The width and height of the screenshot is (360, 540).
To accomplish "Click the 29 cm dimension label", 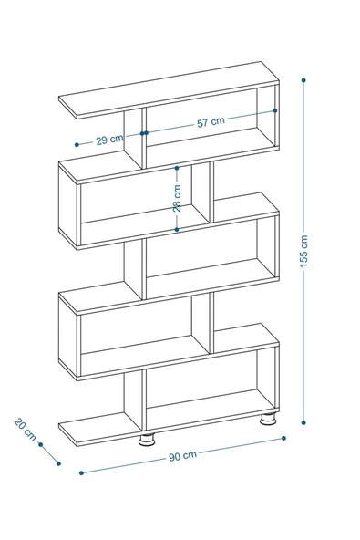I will pos(110,139).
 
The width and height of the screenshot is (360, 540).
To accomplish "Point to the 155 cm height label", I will pos(303,250).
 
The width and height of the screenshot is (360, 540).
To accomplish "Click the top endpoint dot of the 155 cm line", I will pos(303,80).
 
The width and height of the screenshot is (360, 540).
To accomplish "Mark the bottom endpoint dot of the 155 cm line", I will pos(303,422).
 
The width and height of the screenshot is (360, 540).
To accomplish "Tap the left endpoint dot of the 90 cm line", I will pos(82,472).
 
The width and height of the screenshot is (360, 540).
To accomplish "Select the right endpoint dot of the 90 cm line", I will pos(283,438).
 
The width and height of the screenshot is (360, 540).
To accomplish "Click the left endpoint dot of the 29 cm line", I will pos(78,144).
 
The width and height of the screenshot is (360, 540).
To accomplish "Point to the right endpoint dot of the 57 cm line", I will pos(273,110).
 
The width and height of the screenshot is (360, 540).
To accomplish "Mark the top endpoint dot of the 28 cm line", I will pos(178,167).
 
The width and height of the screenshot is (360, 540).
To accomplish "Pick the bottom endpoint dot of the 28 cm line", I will pos(178,230).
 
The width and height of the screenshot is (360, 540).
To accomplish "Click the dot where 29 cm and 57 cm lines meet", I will pos(144,133).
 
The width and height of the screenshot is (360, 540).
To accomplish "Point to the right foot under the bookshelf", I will pos(268,421).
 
